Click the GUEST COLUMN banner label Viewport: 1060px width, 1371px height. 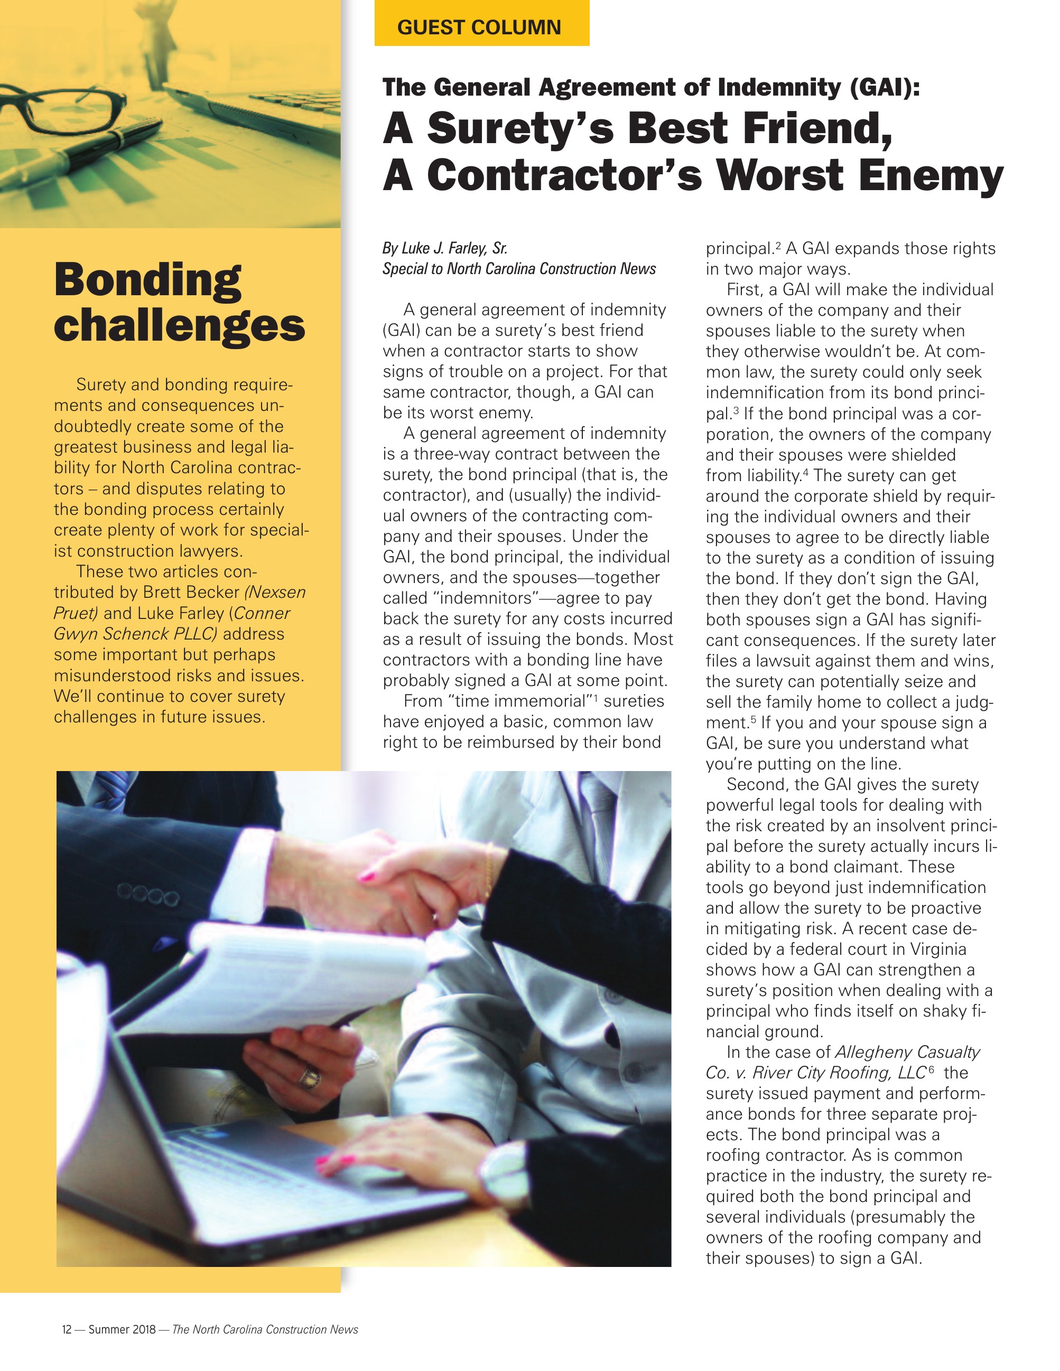[479, 27]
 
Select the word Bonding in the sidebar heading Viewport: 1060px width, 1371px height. [147, 279]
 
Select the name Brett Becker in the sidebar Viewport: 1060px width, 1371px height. [191, 593]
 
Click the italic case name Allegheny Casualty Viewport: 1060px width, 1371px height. [907, 1053]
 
